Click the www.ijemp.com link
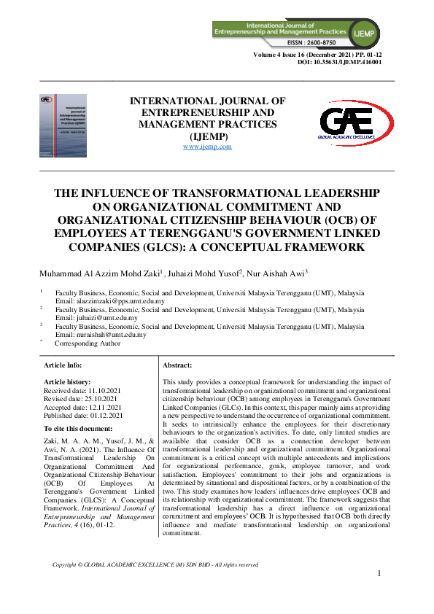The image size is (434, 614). tap(207, 147)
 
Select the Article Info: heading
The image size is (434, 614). tap(63, 365)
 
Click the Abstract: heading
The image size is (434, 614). tap(177, 365)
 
